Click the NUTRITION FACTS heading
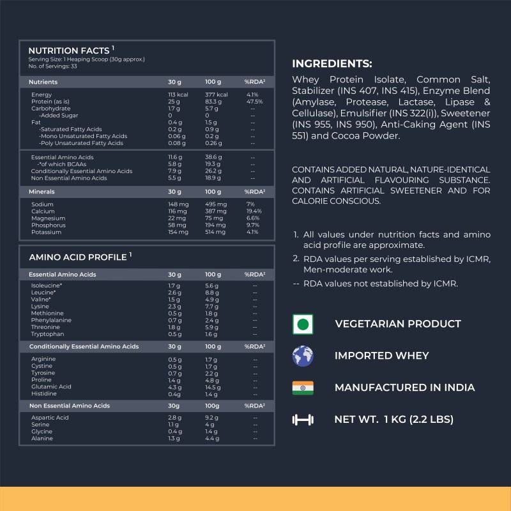coord(69,50)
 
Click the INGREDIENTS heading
coord(332,63)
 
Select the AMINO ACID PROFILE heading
coord(77,256)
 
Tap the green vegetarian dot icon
coord(303,324)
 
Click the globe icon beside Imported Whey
coord(303,356)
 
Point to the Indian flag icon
coord(303,388)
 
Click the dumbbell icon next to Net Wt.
coord(303,420)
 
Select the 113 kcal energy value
coord(178,95)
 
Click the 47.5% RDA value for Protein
coord(254,102)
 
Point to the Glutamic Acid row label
coord(51,386)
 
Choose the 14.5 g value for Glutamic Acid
coord(213,386)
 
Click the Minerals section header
coord(43,191)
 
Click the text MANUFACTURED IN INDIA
coord(404,388)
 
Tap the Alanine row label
coord(42,439)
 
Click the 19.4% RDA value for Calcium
coord(254,211)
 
